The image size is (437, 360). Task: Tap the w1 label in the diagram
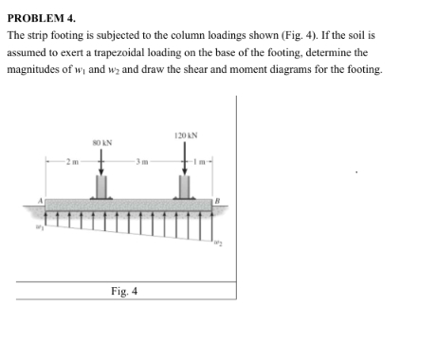39,225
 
